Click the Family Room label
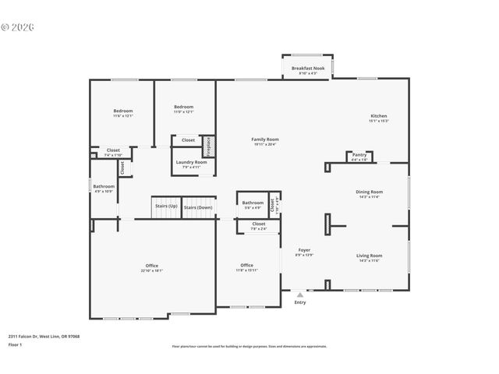pos(265,141)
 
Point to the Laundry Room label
pos(191,164)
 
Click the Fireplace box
pos(208,146)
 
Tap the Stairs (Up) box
pos(166,207)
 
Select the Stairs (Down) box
pos(198,207)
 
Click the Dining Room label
pos(370,193)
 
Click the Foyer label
pos(304,252)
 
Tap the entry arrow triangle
pos(300,295)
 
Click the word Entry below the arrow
pos(300,302)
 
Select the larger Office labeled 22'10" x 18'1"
pos(152,267)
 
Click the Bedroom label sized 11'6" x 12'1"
pos(123,113)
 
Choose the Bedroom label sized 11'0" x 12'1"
pos(183,108)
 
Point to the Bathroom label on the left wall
pos(104,188)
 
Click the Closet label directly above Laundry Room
pos(188,140)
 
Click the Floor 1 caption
pos(14,344)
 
